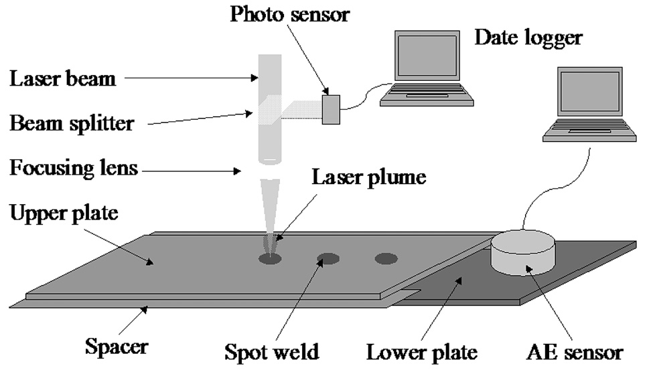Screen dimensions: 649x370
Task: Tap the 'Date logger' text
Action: point(528,38)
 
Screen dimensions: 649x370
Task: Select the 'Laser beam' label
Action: point(62,78)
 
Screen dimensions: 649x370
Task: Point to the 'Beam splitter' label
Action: point(72,124)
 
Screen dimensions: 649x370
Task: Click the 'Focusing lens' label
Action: point(74,168)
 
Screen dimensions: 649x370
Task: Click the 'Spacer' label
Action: point(117,347)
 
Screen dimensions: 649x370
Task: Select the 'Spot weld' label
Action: point(271,352)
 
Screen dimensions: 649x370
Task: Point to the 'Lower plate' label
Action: point(422,353)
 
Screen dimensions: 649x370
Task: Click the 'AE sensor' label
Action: point(575,353)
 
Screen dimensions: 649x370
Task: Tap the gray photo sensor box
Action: point(331,110)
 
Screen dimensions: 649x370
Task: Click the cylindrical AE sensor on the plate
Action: point(523,253)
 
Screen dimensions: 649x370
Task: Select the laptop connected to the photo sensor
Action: point(427,68)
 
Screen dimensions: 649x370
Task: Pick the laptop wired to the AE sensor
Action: point(589,104)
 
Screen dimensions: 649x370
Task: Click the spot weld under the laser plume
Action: point(270,259)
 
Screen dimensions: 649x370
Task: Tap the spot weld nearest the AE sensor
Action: point(386,259)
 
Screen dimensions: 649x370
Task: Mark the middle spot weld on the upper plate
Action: point(328,259)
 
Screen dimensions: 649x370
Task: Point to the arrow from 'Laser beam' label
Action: point(192,78)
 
